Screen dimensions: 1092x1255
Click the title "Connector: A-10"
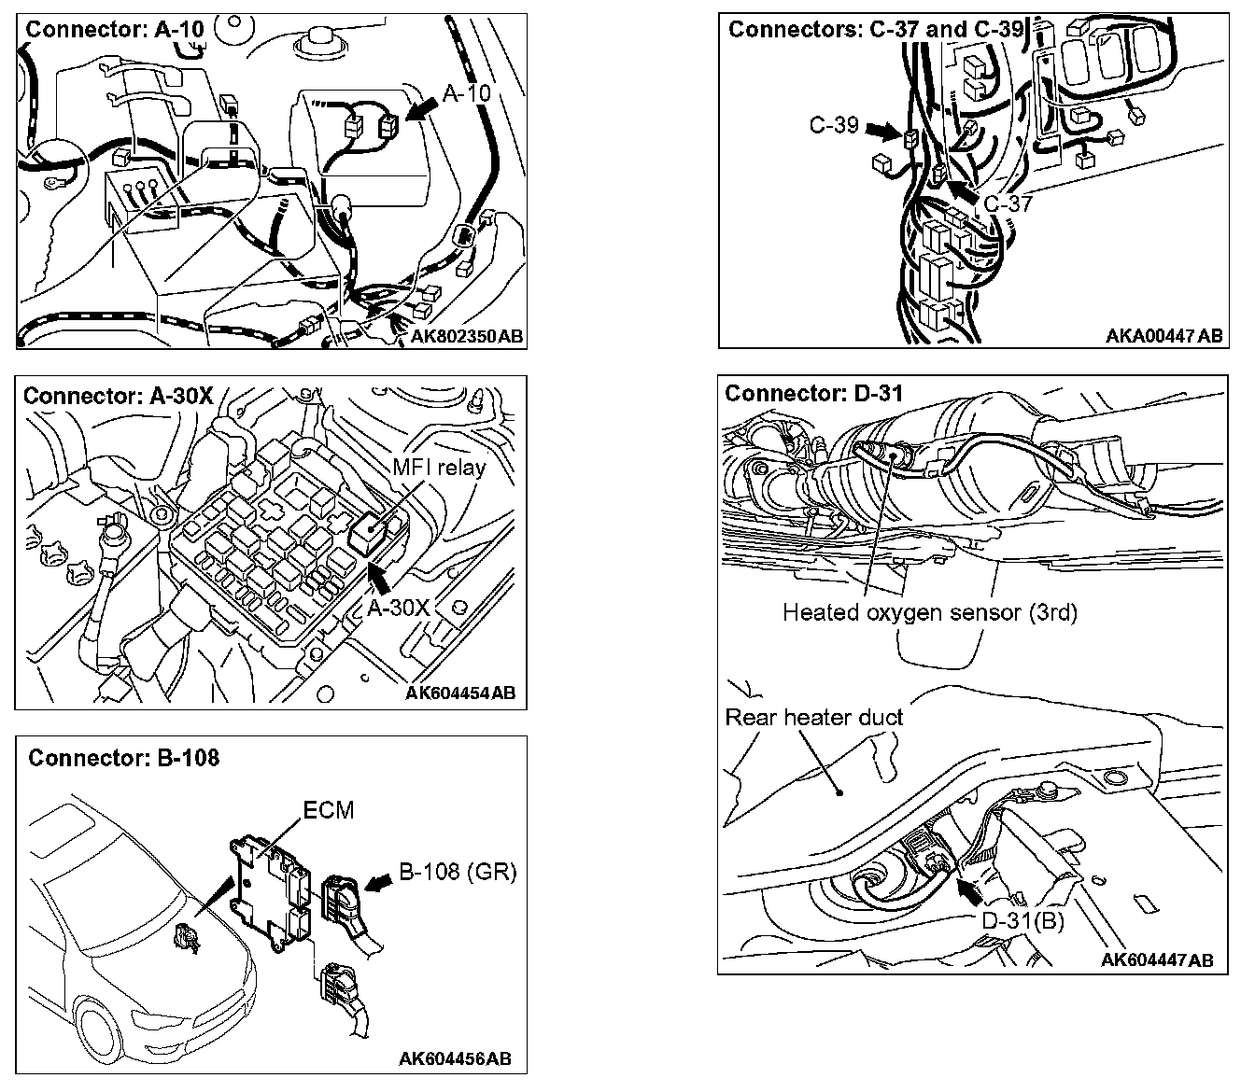(x=115, y=29)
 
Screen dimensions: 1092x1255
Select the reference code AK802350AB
(x=467, y=336)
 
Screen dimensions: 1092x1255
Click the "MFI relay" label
(x=440, y=467)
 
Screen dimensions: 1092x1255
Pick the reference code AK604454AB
(x=461, y=693)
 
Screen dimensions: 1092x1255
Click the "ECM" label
(x=329, y=809)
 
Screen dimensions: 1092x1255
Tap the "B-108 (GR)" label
(x=458, y=872)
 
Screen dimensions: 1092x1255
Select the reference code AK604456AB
(x=455, y=1058)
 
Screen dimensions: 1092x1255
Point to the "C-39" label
(x=834, y=124)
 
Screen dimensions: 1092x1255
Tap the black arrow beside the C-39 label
(x=881, y=129)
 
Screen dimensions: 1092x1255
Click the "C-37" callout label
(x=1008, y=203)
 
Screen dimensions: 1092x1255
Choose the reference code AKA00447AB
(x=1164, y=336)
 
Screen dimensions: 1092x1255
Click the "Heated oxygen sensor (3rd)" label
(x=930, y=613)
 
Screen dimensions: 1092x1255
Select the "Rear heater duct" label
(x=814, y=718)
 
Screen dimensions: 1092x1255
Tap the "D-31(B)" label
(x=1023, y=920)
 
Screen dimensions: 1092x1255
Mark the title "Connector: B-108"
(x=124, y=758)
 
